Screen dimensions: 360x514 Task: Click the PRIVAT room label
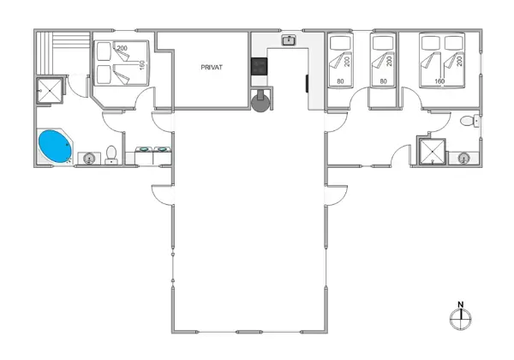pos(212,66)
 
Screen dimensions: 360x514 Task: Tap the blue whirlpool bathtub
pos(56,147)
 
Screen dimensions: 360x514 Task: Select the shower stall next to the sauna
pos(49,90)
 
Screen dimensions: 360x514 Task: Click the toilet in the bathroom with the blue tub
pos(111,155)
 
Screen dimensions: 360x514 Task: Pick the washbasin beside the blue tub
pos(88,158)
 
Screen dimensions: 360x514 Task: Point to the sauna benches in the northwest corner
pos(62,52)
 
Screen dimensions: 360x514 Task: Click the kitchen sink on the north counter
pos(290,39)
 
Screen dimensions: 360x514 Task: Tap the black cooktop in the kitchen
pos(257,66)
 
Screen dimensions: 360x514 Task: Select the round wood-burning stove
pos(260,100)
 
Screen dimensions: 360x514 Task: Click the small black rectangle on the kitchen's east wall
pos(307,82)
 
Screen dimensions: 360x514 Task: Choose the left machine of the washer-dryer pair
pos(144,155)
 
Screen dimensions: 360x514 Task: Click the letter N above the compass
pos(460,303)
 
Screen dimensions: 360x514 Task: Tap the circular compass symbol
pos(460,318)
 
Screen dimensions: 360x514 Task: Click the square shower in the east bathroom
pos(432,152)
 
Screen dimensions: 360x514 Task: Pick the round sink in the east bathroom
pos(463,158)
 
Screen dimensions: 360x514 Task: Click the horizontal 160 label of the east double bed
pos(440,81)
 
